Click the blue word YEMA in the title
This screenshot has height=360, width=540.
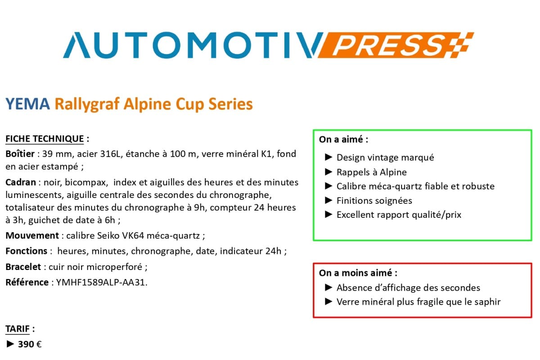27,104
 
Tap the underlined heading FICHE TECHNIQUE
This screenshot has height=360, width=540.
45,139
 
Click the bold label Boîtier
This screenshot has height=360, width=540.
20,154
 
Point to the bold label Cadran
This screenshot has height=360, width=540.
20,182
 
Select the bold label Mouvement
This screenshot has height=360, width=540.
32,235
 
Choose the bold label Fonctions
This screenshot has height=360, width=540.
26,251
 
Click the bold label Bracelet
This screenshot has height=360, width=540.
23,267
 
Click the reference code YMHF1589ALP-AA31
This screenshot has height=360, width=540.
102,283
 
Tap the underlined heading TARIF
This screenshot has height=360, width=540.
18,329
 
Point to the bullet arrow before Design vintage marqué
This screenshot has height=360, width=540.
328,157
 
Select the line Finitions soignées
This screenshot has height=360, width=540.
374,201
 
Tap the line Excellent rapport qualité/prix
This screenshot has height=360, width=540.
399,215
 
